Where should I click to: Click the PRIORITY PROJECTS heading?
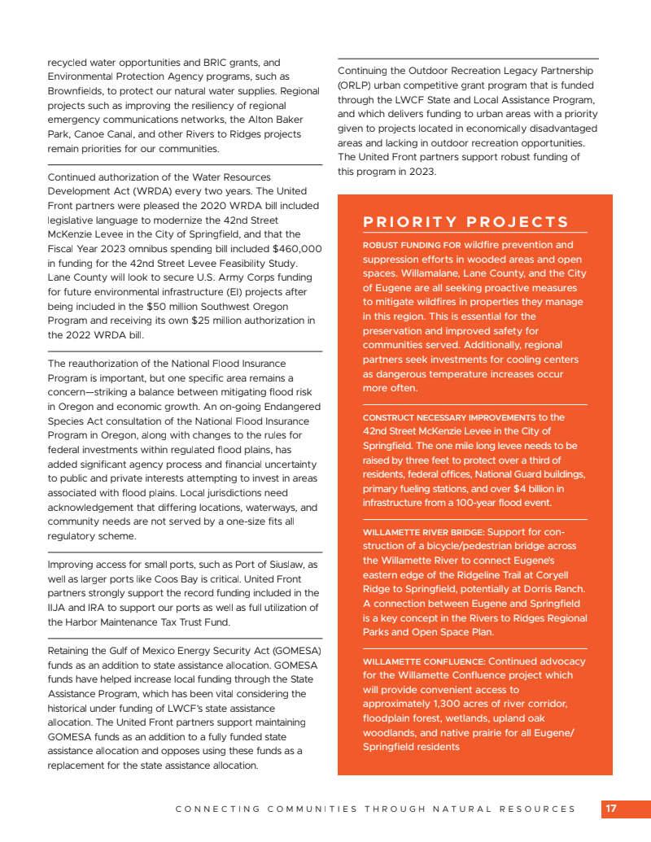(465, 222)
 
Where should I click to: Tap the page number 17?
(611, 809)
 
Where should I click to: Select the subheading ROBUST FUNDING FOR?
(412, 245)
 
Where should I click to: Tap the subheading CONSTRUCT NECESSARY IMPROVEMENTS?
(449, 417)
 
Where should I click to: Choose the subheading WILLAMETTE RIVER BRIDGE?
(423, 532)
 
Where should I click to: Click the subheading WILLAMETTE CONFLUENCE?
(423, 661)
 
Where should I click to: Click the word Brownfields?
(76, 91)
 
